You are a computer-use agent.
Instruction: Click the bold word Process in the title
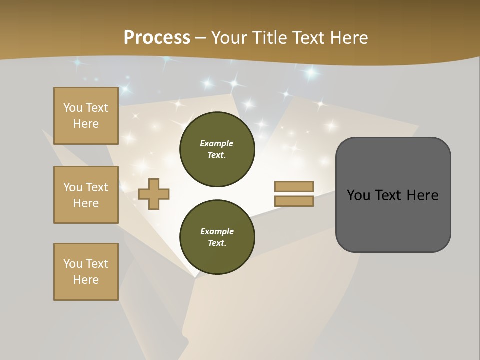tap(157, 38)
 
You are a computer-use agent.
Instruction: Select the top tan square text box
tap(86, 116)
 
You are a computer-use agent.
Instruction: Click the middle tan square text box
tap(86, 195)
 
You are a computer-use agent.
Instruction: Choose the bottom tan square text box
tap(86, 272)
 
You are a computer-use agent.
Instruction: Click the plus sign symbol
tap(154, 194)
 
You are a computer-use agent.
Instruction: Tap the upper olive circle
tap(217, 149)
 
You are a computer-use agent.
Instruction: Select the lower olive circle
tap(217, 237)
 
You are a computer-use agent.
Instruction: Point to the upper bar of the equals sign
tap(294, 186)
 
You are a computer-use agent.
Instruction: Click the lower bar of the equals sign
tap(294, 201)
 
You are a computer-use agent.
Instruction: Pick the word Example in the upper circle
tap(217, 143)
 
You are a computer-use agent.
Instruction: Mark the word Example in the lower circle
tap(217, 231)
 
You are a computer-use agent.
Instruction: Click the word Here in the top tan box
tap(86, 124)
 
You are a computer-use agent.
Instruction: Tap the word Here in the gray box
tap(422, 195)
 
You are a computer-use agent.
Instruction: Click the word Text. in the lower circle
tap(217, 243)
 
